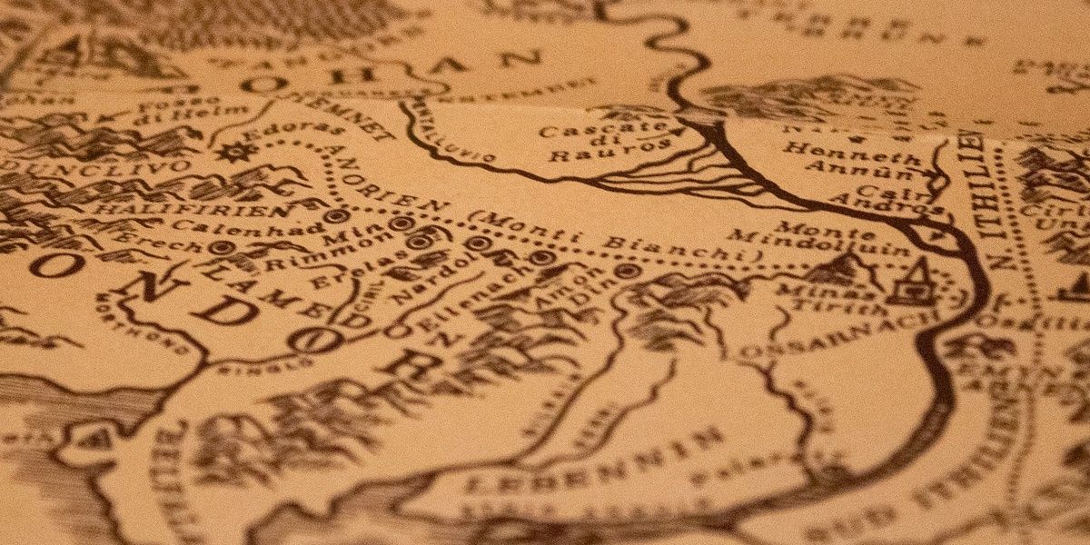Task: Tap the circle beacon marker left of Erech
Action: [x=217, y=246]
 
